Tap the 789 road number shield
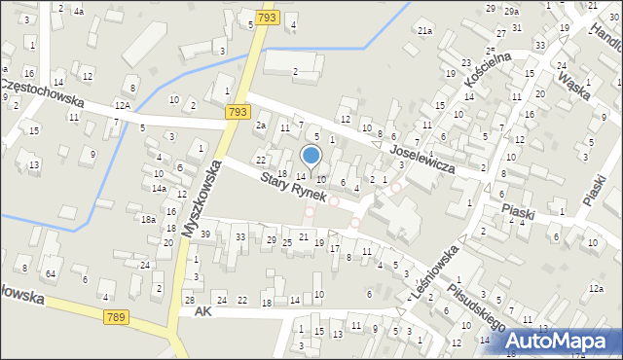(116, 316)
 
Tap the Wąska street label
(574, 85)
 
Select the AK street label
(202, 311)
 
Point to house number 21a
(424, 31)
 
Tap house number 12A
(122, 104)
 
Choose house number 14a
(159, 188)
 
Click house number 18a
(148, 220)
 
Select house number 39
(205, 234)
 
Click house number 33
(240, 237)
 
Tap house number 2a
(260, 126)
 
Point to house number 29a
(511, 10)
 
